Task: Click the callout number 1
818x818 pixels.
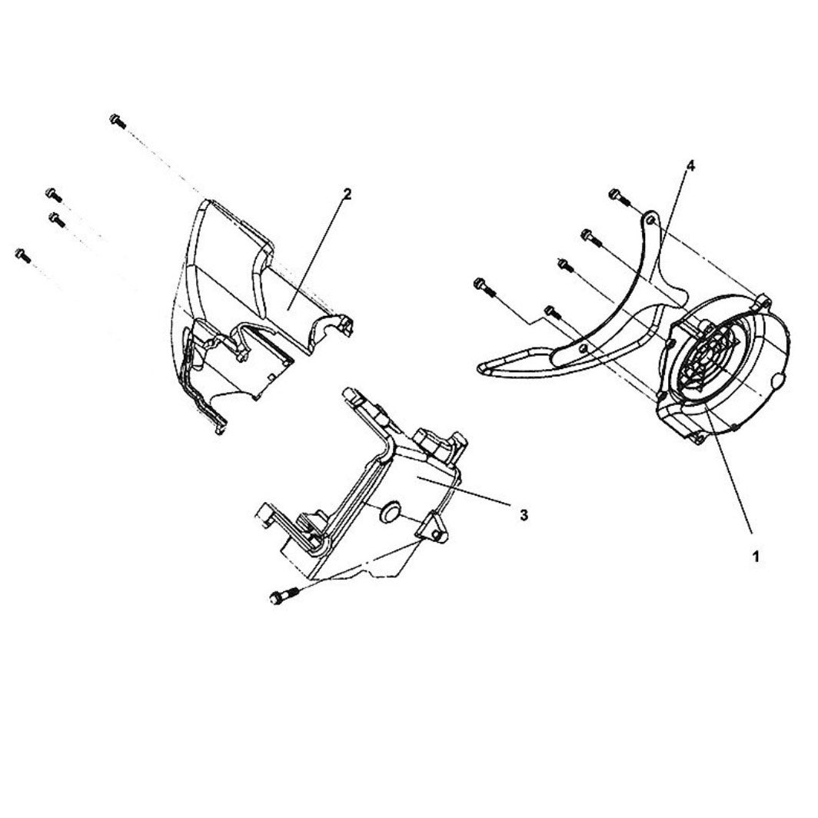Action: coord(756,556)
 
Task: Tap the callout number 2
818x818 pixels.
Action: coord(347,195)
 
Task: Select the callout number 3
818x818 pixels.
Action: coord(524,514)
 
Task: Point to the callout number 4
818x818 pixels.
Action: coord(690,166)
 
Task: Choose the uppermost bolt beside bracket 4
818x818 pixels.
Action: coord(617,195)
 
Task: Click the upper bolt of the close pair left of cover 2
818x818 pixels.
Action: coord(53,193)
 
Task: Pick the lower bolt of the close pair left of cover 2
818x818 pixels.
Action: coord(55,219)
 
